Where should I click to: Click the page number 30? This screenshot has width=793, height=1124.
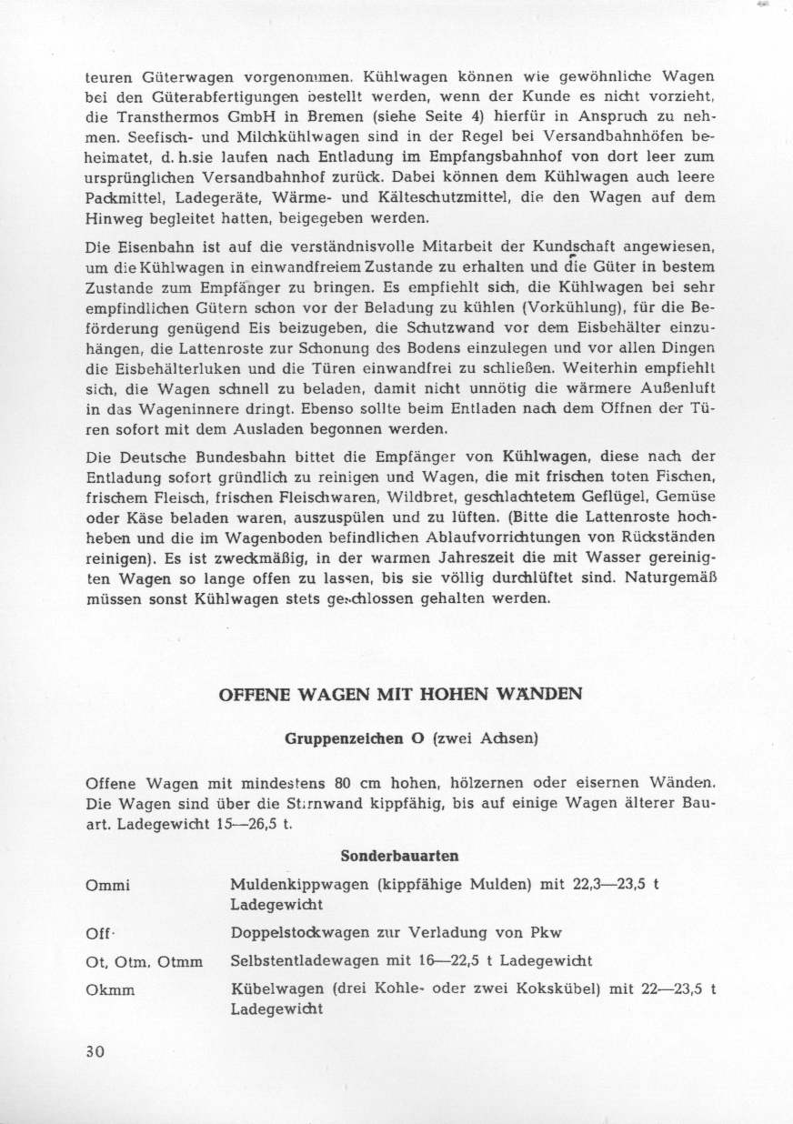pos(95,1050)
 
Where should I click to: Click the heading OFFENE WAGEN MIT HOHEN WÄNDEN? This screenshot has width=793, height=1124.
pos(401,694)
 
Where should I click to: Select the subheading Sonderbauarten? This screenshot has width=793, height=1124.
pos(399,856)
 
